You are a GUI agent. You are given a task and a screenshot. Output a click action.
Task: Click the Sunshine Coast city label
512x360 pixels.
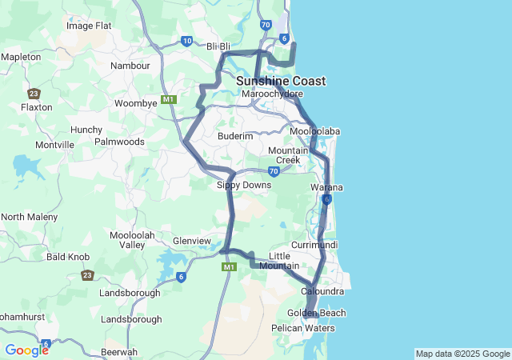(281, 81)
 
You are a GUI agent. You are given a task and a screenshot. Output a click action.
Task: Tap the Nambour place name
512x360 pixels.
(130, 66)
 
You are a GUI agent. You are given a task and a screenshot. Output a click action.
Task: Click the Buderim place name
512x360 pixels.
(235, 137)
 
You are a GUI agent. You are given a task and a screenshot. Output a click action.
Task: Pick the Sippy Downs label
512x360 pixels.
(244, 185)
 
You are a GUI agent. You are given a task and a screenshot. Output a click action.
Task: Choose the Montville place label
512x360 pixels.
(54, 145)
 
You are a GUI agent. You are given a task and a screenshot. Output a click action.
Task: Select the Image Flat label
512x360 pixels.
(89, 26)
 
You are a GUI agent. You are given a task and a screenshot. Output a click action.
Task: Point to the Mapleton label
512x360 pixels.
(21, 58)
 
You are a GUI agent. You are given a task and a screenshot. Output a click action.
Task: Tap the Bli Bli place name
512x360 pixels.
(218, 46)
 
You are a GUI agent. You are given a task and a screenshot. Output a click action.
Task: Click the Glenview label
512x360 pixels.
(192, 241)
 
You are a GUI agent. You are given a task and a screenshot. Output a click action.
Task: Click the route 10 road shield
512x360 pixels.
(186, 41)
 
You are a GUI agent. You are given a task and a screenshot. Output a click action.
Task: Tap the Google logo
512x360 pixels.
(26, 350)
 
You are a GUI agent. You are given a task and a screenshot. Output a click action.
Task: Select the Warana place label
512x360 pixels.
(326, 187)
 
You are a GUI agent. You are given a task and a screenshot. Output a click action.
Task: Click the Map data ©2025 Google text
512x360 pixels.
(462, 354)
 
